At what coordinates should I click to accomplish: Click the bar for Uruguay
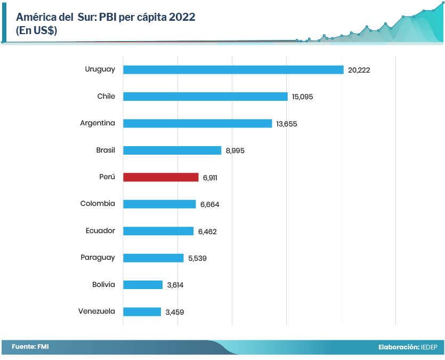click(233, 70)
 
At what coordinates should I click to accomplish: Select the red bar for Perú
click(160, 177)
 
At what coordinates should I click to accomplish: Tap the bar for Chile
click(205, 97)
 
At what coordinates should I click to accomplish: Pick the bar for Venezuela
click(142, 311)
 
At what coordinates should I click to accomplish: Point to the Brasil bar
click(172, 150)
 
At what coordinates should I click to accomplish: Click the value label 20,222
click(359, 70)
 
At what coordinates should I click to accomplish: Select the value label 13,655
click(287, 124)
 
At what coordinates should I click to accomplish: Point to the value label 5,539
click(197, 258)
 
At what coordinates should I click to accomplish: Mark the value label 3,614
click(175, 285)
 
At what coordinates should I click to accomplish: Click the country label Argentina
click(98, 123)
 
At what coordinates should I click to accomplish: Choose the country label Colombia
click(98, 204)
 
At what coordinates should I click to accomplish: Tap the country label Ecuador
click(100, 231)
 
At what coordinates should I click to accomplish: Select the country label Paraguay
click(98, 258)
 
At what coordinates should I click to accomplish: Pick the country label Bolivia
click(103, 284)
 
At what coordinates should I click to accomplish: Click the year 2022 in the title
click(182, 17)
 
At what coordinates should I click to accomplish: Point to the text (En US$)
click(37, 31)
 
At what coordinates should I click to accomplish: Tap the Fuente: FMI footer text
click(30, 347)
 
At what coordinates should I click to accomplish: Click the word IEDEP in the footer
click(429, 347)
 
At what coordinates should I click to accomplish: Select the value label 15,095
click(302, 97)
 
